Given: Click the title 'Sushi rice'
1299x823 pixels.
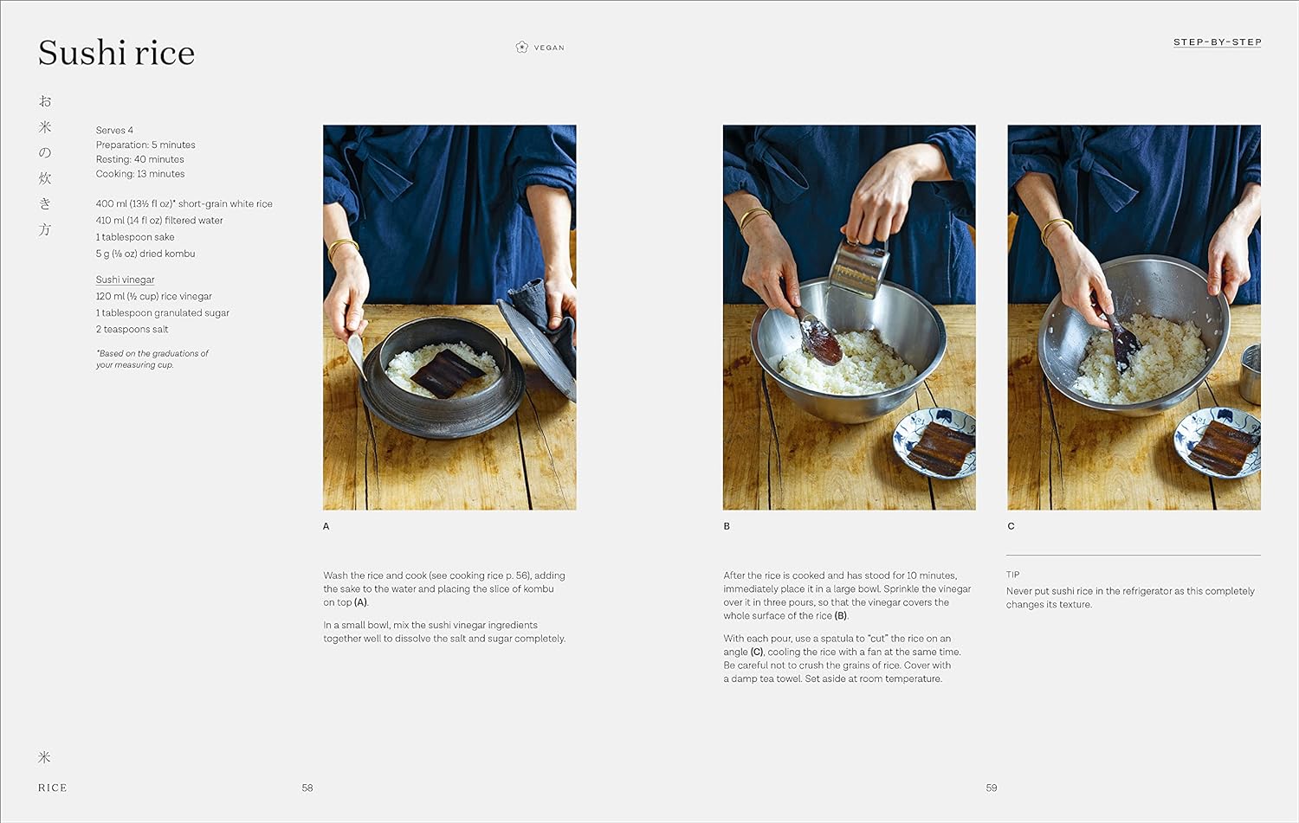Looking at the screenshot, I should click(x=116, y=53).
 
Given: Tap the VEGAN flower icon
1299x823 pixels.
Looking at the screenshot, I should click(x=521, y=48).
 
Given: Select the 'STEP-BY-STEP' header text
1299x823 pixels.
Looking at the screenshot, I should click(x=1217, y=42).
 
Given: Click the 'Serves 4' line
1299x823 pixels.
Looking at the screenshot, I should click(x=114, y=130).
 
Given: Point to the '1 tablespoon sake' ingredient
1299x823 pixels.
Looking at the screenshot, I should click(x=135, y=237).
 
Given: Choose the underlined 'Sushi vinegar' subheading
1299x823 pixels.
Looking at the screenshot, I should click(x=125, y=280).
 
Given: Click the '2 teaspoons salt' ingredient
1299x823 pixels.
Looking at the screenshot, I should click(x=132, y=329).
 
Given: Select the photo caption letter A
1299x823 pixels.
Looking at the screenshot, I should click(x=326, y=526).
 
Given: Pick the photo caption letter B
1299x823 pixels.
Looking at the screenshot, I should click(x=727, y=526).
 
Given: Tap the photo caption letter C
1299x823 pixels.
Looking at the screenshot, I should click(x=1011, y=526).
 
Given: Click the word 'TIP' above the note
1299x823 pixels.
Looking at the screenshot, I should click(x=1013, y=575).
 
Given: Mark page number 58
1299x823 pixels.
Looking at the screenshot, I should click(x=307, y=788).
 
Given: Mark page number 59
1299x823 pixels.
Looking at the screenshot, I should click(x=992, y=788).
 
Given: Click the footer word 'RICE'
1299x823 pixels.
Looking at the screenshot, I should click(x=52, y=788).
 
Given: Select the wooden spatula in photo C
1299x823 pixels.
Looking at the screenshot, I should click(x=1123, y=339).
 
